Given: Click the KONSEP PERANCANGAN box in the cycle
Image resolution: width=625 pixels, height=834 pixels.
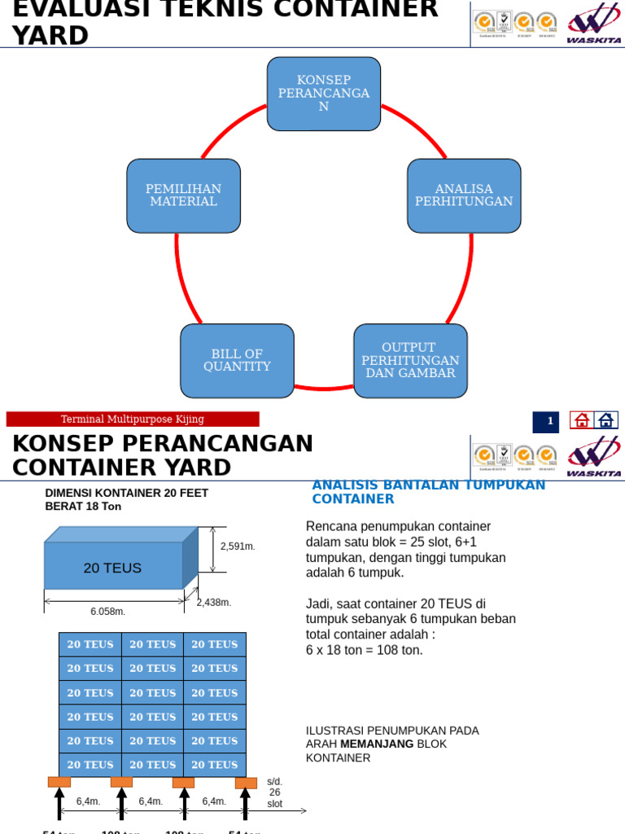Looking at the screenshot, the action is (324, 94).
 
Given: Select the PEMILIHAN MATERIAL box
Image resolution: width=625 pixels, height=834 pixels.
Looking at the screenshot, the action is (183, 195).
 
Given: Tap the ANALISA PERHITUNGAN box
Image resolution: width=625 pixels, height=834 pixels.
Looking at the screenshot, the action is (464, 195).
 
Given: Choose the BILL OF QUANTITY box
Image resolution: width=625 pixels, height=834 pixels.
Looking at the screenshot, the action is (237, 361).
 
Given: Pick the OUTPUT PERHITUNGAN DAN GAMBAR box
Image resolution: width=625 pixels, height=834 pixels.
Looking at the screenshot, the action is (410, 361).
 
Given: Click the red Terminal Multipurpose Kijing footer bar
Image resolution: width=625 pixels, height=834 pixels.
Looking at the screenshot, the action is (133, 419).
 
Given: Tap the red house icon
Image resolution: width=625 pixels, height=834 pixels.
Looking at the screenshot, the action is (581, 420).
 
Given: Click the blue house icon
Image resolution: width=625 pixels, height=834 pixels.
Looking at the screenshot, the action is (605, 420).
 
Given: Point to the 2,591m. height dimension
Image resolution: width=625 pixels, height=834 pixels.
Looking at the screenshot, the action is (238, 546).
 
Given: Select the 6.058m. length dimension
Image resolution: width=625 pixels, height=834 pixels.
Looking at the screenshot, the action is (107, 612).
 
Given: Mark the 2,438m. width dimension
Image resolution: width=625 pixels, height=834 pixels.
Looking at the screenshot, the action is (214, 603).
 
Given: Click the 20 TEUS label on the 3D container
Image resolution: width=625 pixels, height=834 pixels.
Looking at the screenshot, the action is (112, 568).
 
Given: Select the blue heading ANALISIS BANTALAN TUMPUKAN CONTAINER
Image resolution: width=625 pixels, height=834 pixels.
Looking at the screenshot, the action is (428, 492).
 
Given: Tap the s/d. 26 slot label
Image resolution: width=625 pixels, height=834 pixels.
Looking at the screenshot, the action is (275, 792).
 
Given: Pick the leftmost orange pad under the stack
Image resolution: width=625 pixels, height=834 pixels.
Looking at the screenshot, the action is (59, 783).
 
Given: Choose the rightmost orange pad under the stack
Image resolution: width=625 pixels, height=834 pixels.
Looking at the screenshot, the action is (246, 783).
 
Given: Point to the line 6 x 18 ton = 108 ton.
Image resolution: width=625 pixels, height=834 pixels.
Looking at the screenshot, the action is (365, 650).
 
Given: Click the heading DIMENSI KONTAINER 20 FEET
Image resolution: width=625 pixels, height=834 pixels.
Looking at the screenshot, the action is (126, 493).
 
